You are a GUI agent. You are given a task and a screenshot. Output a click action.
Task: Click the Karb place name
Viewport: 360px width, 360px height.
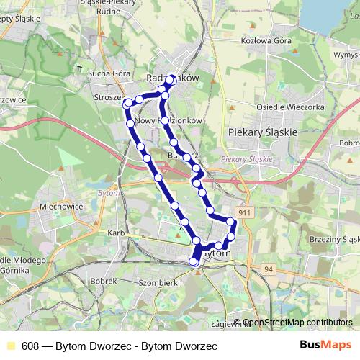pyautogui.click(x=115, y=234)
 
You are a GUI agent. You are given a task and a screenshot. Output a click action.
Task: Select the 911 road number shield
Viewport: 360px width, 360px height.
pyautogui.click(x=246, y=213)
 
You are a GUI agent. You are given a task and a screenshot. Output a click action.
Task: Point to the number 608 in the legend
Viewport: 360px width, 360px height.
pyautogui.click(x=30, y=346)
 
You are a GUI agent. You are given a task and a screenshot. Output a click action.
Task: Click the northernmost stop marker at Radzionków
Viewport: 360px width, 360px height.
pyautogui.click(x=171, y=80)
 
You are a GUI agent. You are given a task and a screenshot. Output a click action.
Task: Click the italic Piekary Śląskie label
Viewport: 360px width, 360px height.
pyautogui.click(x=246, y=159)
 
